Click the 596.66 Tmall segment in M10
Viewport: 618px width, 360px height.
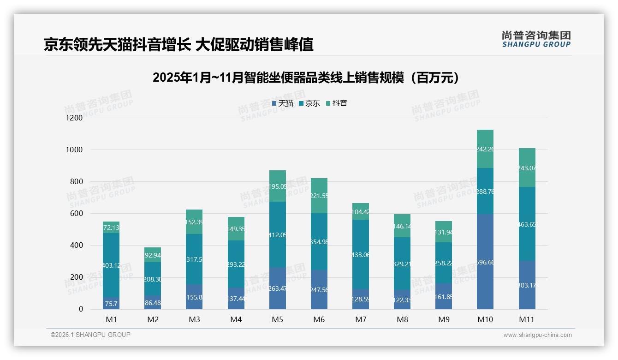click(485, 262)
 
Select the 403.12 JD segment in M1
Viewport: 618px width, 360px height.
click(111, 265)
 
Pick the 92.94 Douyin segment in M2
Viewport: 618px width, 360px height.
click(153, 255)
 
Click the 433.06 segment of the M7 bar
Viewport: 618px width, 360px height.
click(360, 254)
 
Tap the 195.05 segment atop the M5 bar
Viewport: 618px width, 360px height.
click(277, 186)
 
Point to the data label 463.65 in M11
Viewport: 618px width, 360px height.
click(527, 224)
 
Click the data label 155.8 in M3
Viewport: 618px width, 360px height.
click(194, 297)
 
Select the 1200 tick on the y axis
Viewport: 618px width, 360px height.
click(74, 118)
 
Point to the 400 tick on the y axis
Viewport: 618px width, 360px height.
click(77, 246)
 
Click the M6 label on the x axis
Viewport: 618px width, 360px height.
click(319, 319)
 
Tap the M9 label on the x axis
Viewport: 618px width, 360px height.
click(443, 319)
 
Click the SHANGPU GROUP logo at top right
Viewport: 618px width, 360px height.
click(536, 39)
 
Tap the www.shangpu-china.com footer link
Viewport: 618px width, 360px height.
click(537, 335)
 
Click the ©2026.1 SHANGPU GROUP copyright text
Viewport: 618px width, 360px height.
click(90, 335)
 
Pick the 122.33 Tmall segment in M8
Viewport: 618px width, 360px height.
click(402, 300)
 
